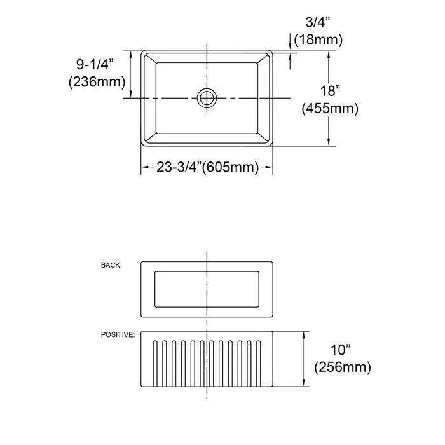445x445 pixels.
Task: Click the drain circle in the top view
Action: coord(207,97)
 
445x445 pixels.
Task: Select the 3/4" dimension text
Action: coord(318,24)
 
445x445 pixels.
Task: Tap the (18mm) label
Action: coord(318,40)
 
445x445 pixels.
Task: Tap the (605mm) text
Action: coord(229,168)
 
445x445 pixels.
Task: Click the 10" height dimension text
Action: coord(342,350)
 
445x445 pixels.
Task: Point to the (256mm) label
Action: coord(342,367)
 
